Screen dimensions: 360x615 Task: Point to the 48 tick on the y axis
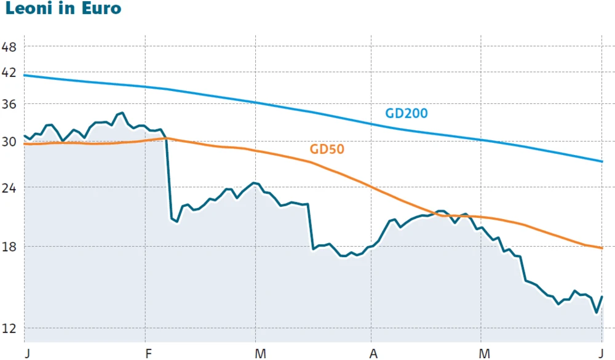coord(9,47)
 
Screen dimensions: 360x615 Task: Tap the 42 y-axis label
coord(9,73)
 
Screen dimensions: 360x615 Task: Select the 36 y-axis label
coord(9,104)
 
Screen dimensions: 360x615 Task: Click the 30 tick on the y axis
coord(9,142)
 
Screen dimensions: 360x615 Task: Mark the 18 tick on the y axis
coord(9,246)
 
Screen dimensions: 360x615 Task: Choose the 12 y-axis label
coord(9,328)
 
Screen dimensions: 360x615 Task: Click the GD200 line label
coord(406,113)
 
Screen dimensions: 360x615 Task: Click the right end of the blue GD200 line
coord(601,161)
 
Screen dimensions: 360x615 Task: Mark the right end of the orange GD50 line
coord(601,248)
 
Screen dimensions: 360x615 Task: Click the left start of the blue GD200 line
coord(24,75)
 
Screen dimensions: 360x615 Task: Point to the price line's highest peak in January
coord(122,113)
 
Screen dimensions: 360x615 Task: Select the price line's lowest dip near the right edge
coord(596,313)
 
